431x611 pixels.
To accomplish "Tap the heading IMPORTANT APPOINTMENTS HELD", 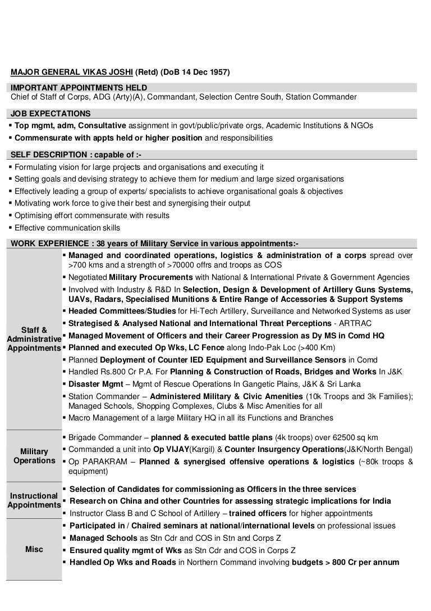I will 79,87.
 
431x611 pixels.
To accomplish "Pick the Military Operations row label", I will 34,456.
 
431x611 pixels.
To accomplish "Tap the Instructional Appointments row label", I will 34,500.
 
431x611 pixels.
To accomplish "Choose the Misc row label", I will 34,549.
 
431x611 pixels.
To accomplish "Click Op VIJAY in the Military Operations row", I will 172,449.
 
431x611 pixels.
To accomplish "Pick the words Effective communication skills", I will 67,228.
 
